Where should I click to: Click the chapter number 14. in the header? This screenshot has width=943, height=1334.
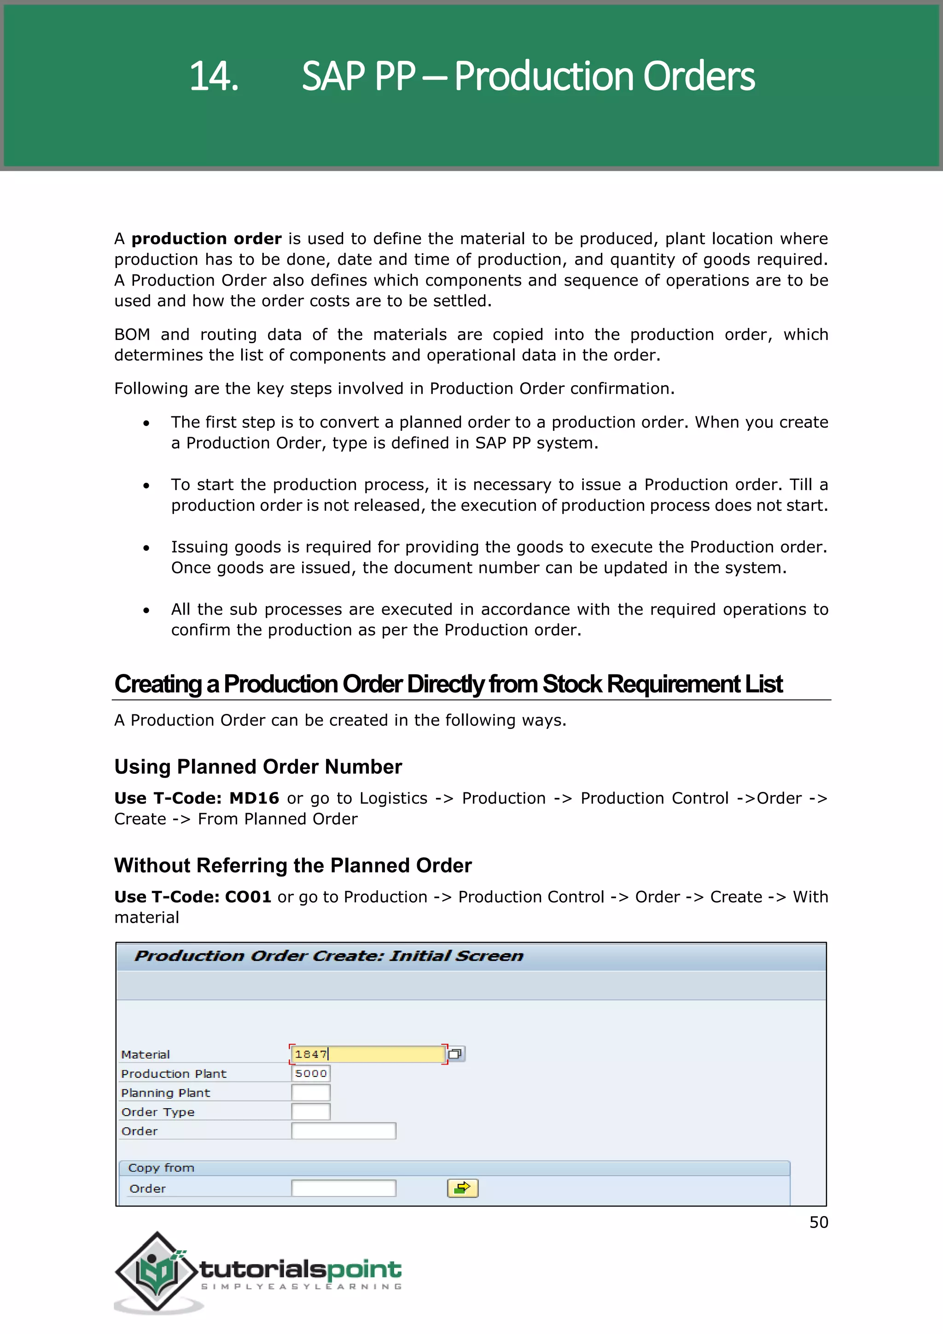point(214,76)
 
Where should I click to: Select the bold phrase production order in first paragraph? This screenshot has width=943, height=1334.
point(206,239)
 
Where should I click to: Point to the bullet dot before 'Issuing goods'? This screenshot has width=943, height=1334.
point(146,548)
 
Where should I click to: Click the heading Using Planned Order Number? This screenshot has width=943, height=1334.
point(258,767)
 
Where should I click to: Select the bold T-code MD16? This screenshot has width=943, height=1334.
point(254,798)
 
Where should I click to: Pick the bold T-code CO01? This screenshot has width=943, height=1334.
point(248,897)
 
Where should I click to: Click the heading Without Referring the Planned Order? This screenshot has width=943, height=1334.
point(293,866)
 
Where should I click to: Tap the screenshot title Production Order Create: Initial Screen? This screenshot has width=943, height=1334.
point(329,956)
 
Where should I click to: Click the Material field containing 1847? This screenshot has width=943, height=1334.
point(367,1054)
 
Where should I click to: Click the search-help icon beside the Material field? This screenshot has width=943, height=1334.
point(456,1054)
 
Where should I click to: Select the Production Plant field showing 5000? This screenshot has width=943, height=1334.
point(311,1074)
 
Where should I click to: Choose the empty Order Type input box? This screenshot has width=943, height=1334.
point(311,1112)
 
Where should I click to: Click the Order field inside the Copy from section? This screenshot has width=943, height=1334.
point(343,1188)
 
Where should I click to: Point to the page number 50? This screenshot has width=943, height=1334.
point(819,1223)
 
